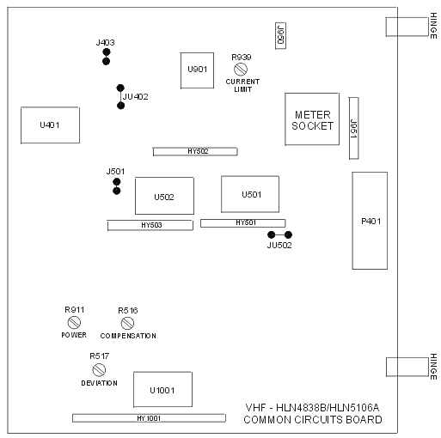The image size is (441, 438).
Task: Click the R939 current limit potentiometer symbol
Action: [241, 69]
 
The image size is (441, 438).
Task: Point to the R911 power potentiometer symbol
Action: [74, 323]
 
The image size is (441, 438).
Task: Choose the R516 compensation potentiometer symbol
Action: [127, 324]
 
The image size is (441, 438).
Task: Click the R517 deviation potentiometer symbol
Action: [99, 369]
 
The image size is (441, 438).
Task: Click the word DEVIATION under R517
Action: [100, 383]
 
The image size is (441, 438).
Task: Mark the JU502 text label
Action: [279, 246]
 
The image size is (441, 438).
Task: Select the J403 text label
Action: [106, 43]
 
